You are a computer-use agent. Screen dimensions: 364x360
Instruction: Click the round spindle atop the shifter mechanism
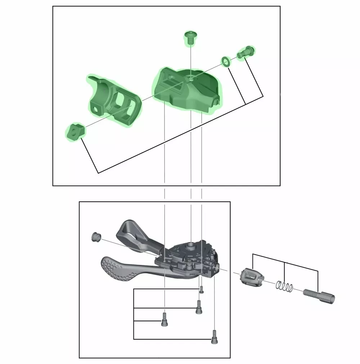point(191,246)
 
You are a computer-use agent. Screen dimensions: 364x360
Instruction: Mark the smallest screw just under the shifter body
point(202,290)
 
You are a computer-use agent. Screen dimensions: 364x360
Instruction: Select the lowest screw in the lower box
point(215,337)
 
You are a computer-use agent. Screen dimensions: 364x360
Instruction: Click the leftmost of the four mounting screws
point(164,319)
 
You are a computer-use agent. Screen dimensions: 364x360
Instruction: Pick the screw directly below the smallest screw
point(198,307)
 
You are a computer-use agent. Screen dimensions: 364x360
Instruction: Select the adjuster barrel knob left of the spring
point(251,278)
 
